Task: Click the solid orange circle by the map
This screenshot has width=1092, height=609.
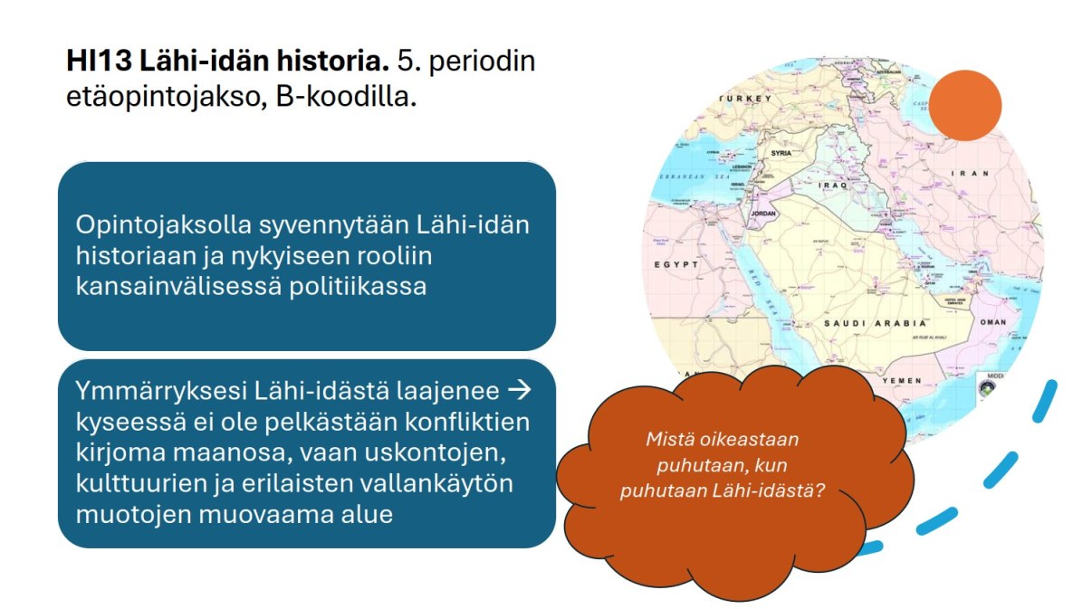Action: (965, 105)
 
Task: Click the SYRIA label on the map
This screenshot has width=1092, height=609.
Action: (781, 153)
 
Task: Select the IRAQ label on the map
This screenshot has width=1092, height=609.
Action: (832, 185)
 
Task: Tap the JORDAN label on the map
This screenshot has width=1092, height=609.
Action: (764, 214)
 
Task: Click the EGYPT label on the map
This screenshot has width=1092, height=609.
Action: (676, 265)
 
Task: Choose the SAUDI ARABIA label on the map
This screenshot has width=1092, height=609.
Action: (875, 323)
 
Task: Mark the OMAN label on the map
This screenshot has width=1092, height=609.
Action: (993, 322)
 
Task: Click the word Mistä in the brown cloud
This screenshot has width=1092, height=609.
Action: (666, 440)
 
